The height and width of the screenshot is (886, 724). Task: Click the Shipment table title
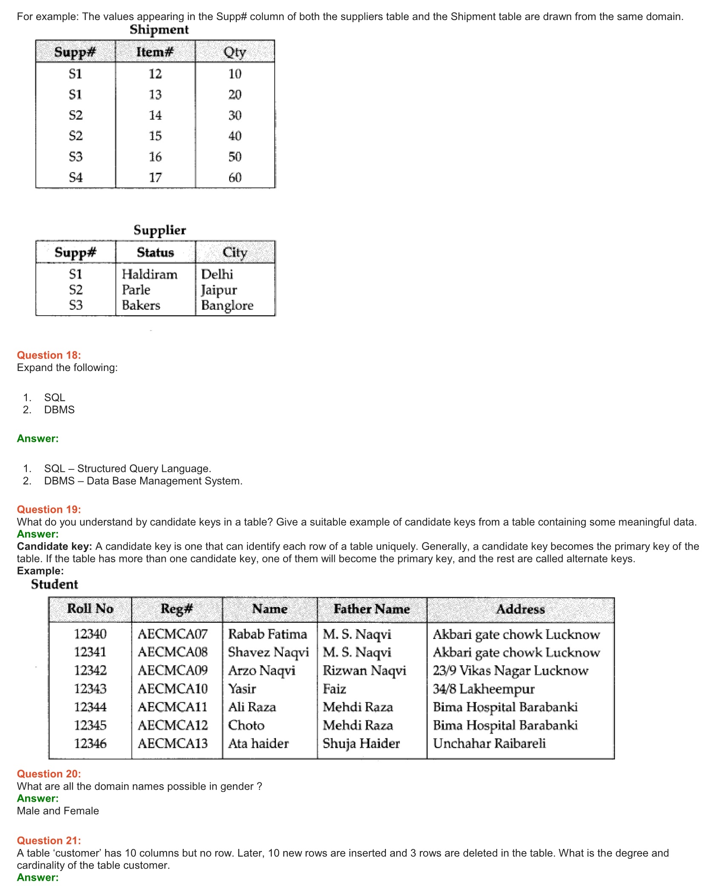(159, 29)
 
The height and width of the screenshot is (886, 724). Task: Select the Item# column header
(155, 52)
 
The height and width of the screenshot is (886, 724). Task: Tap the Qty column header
(235, 52)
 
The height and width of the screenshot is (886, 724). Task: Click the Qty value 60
(235, 177)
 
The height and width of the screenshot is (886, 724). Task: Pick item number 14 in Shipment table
(155, 115)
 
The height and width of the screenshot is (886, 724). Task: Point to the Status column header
(155, 252)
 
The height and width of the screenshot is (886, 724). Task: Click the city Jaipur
(219, 290)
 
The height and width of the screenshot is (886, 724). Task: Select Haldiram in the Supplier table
(149, 274)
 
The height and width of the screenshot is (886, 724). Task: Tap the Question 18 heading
(49, 355)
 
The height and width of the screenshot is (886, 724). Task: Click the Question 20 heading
(49, 774)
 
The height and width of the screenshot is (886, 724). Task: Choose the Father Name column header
(372, 609)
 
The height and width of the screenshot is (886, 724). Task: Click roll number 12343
(90, 688)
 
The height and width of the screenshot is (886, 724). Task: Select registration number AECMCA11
(172, 707)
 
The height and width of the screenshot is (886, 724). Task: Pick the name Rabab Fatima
(267, 634)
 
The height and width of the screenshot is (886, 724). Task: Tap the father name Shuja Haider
(361, 743)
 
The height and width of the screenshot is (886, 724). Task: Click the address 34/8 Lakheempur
(483, 688)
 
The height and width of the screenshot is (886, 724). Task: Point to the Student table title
(55, 584)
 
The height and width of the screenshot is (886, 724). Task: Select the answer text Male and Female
(58, 811)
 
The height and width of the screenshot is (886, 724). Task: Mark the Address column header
(520, 609)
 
